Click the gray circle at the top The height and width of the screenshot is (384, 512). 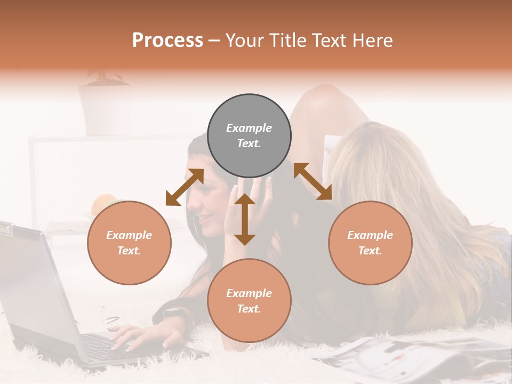[x=249, y=136]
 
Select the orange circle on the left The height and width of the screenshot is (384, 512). [x=129, y=243]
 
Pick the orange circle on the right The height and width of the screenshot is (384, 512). [x=370, y=243]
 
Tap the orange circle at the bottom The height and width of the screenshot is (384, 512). [x=249, y=301]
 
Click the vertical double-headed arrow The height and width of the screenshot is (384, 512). [x=245, y=219]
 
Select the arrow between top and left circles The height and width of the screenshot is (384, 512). [x=185, y=187]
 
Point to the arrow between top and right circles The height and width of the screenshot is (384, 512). [x=313, y=181]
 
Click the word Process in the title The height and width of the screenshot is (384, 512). [x=167, y=40]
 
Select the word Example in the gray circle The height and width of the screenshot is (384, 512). [x=249, y=128]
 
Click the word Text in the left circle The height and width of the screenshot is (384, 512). [x=129, y=251]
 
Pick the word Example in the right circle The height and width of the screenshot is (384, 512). [x=370, y=235]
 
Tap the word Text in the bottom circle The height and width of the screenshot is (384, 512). [x=249, y=309]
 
